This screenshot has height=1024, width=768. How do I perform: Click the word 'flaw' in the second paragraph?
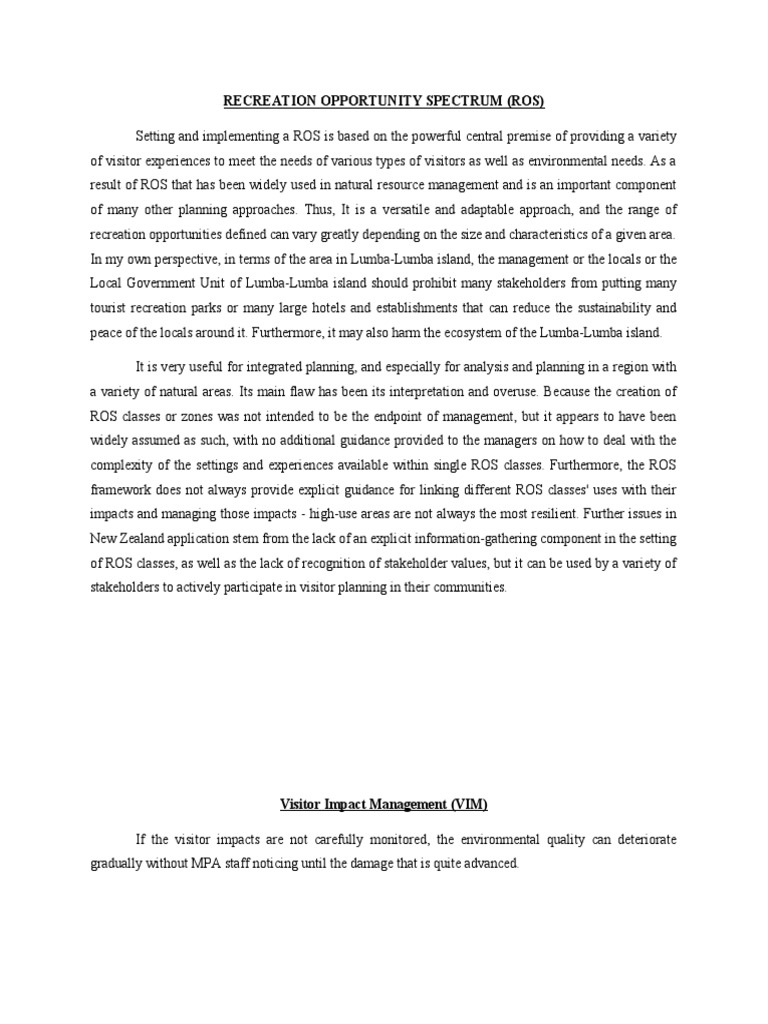click(281, 393)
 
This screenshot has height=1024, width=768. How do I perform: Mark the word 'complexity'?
click(123, 466)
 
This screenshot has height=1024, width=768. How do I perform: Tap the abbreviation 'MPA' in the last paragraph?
click(216, 863)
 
